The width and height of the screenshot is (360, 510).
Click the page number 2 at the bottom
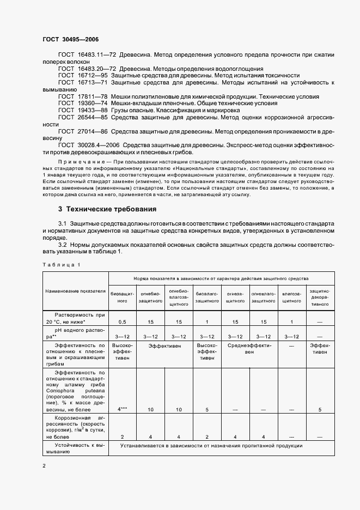coord(44,465)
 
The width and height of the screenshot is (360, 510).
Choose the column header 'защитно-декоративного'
coord(320,297)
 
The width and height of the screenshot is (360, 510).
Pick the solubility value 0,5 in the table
coord(123,322)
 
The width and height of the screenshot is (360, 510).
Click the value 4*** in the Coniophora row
coord(123,409)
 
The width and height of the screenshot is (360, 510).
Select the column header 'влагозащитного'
coord(292,297)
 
